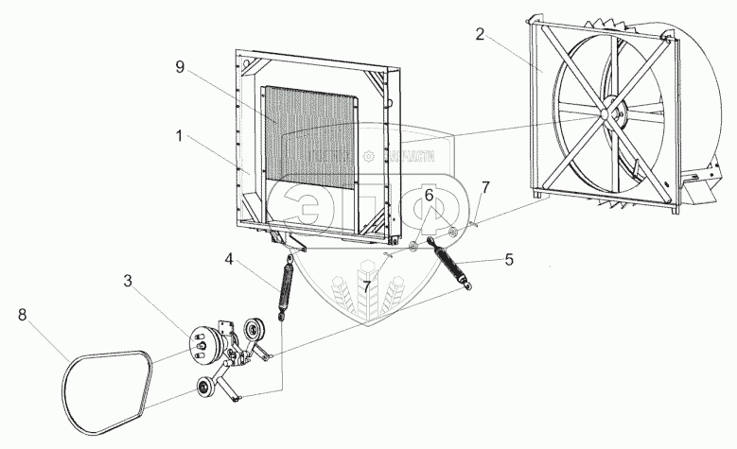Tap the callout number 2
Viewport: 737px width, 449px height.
click(x=481, y=35)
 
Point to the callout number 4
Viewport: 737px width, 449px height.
click(x=228, y=257)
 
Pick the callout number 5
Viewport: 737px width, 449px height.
click(x=509, y=258)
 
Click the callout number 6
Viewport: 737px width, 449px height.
click(x=428, y=195)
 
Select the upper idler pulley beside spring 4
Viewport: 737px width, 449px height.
click(x=253, y=333)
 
